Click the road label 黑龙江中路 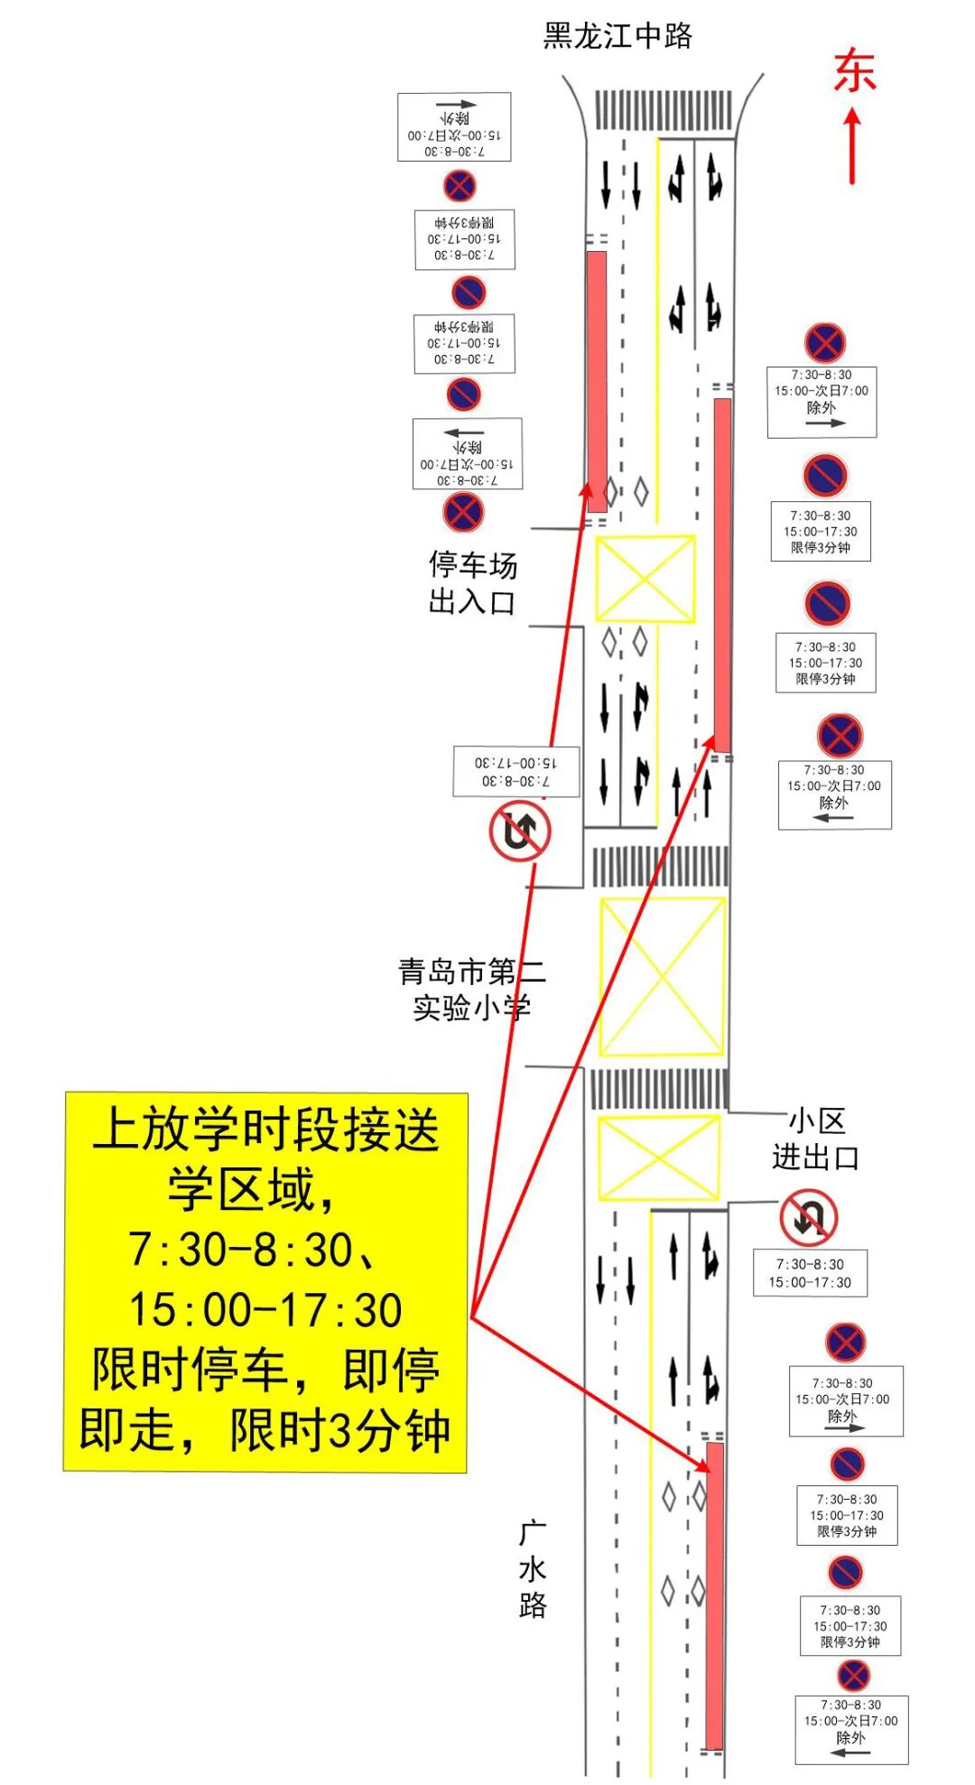617,36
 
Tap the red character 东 854,71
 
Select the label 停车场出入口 472,583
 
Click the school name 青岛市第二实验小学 471,990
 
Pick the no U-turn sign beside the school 520,831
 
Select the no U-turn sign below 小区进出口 808,1218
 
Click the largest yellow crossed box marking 662,976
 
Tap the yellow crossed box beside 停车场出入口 645,579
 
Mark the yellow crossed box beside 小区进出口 659,1158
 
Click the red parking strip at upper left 597,381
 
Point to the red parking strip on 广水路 714,1595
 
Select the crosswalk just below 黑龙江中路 663,110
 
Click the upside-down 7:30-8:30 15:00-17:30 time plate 515,772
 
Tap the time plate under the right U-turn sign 810,1273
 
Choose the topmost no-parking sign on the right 824,343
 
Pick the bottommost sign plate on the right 850,1730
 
